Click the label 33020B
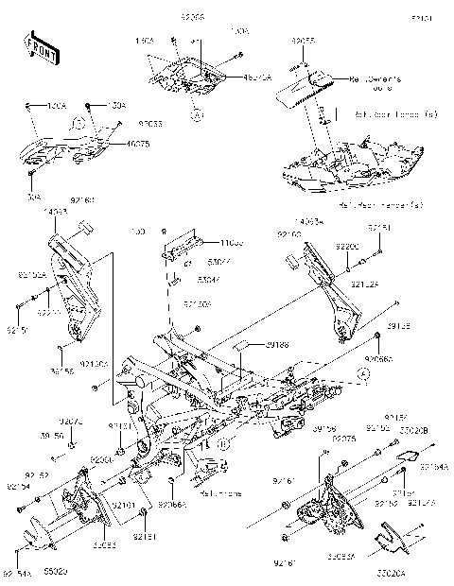(416, 430)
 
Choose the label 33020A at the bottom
(414, 573)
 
